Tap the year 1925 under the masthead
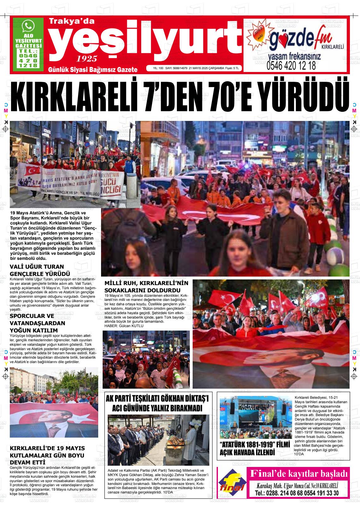click(x=87, y=58)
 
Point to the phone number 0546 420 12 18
click(x=291, y=66)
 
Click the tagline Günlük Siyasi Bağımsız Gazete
click(x=93, y=69)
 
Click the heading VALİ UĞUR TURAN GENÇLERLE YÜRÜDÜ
click(x=40, y=270)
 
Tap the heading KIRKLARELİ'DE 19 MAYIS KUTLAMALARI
click(x=47, y=455)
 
